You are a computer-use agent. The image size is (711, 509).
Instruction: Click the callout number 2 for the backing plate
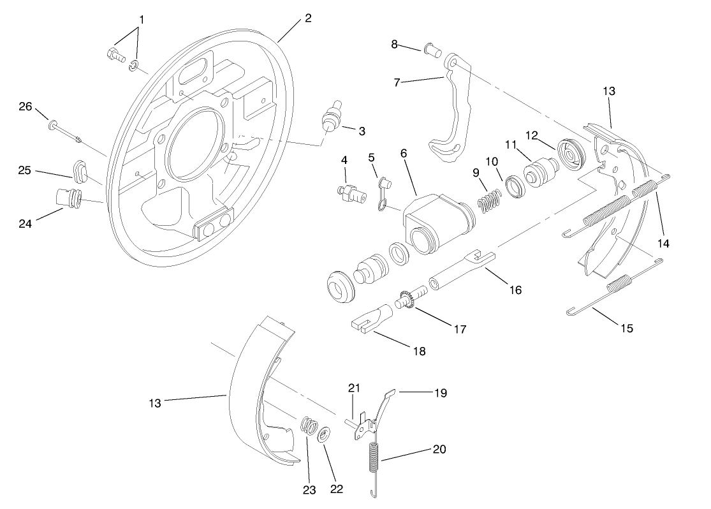click(308, 18)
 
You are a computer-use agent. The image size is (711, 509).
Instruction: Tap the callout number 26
click(25, 107)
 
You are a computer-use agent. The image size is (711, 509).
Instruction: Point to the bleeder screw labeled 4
click(350, 192)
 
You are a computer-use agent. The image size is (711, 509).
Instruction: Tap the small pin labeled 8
click(433, 48)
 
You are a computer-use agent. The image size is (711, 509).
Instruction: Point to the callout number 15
click(627, 328)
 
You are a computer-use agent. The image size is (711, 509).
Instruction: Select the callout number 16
click(515, 290)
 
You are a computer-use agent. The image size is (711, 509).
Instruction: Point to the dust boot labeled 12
click(571, 152)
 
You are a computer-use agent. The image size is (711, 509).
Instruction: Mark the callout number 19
click(439, 393)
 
